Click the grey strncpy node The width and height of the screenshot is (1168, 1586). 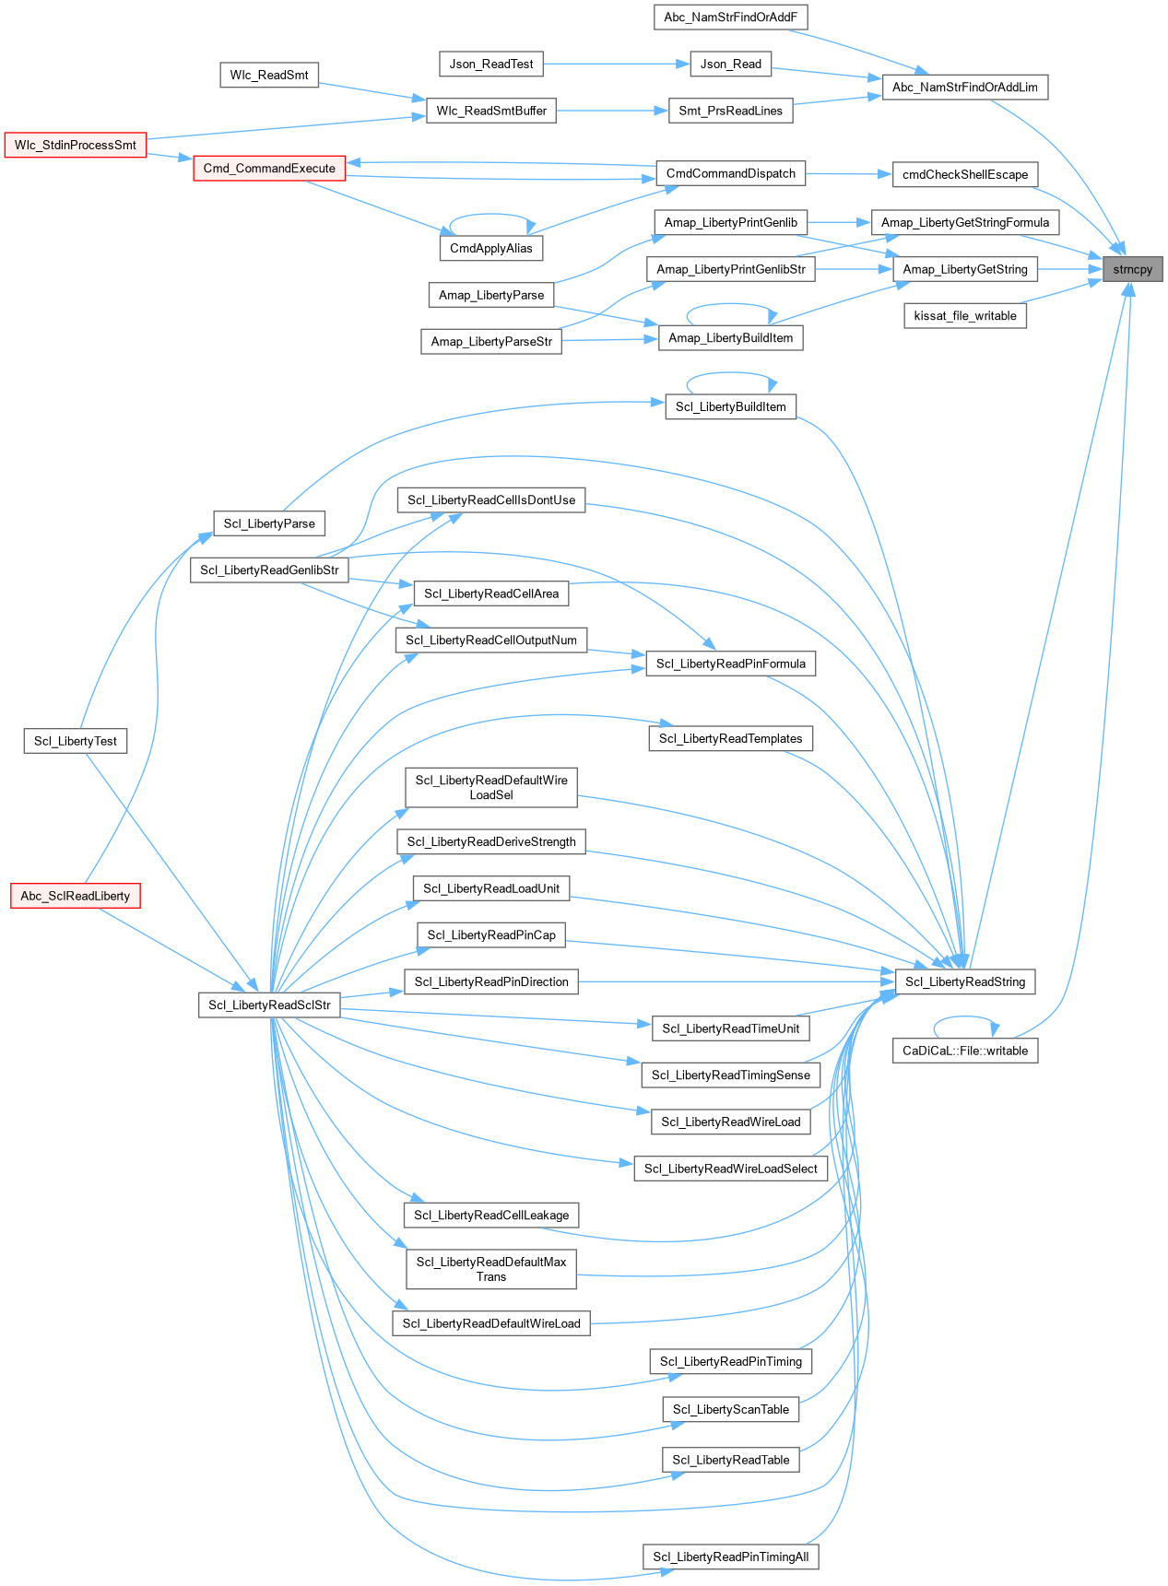coord(1132,269)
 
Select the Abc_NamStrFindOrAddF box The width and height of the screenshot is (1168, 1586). coord(730,17)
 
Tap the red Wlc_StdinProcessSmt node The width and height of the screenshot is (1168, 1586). coord(76,145)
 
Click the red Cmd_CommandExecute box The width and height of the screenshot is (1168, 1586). coord(269,168)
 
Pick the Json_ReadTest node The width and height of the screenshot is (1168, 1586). coord(491,64)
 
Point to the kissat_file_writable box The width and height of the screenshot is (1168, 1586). coord(965,315)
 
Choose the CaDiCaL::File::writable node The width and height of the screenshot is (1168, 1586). coord(965,1051)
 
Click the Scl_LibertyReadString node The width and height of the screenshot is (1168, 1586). coord(965,981)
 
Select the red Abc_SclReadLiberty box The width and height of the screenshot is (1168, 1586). coord(76,895)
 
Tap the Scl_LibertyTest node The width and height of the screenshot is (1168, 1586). coord(76,741)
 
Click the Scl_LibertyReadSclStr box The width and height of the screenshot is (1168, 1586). coord(269,1004)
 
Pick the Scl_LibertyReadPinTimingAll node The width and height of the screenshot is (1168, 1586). coord(731,1557)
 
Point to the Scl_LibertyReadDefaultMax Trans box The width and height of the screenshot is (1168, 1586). coord(491,1269)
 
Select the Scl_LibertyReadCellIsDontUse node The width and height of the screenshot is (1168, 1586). coord(491,499)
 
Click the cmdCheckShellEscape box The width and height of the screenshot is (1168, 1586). coord(965,174)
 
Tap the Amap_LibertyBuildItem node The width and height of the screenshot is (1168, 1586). coord(731,338)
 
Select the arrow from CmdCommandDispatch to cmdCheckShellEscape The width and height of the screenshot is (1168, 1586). coord(849,173)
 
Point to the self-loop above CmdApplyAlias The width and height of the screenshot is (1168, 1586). coord(491,216)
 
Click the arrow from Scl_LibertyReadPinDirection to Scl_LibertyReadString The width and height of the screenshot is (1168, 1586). coord(737,981)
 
